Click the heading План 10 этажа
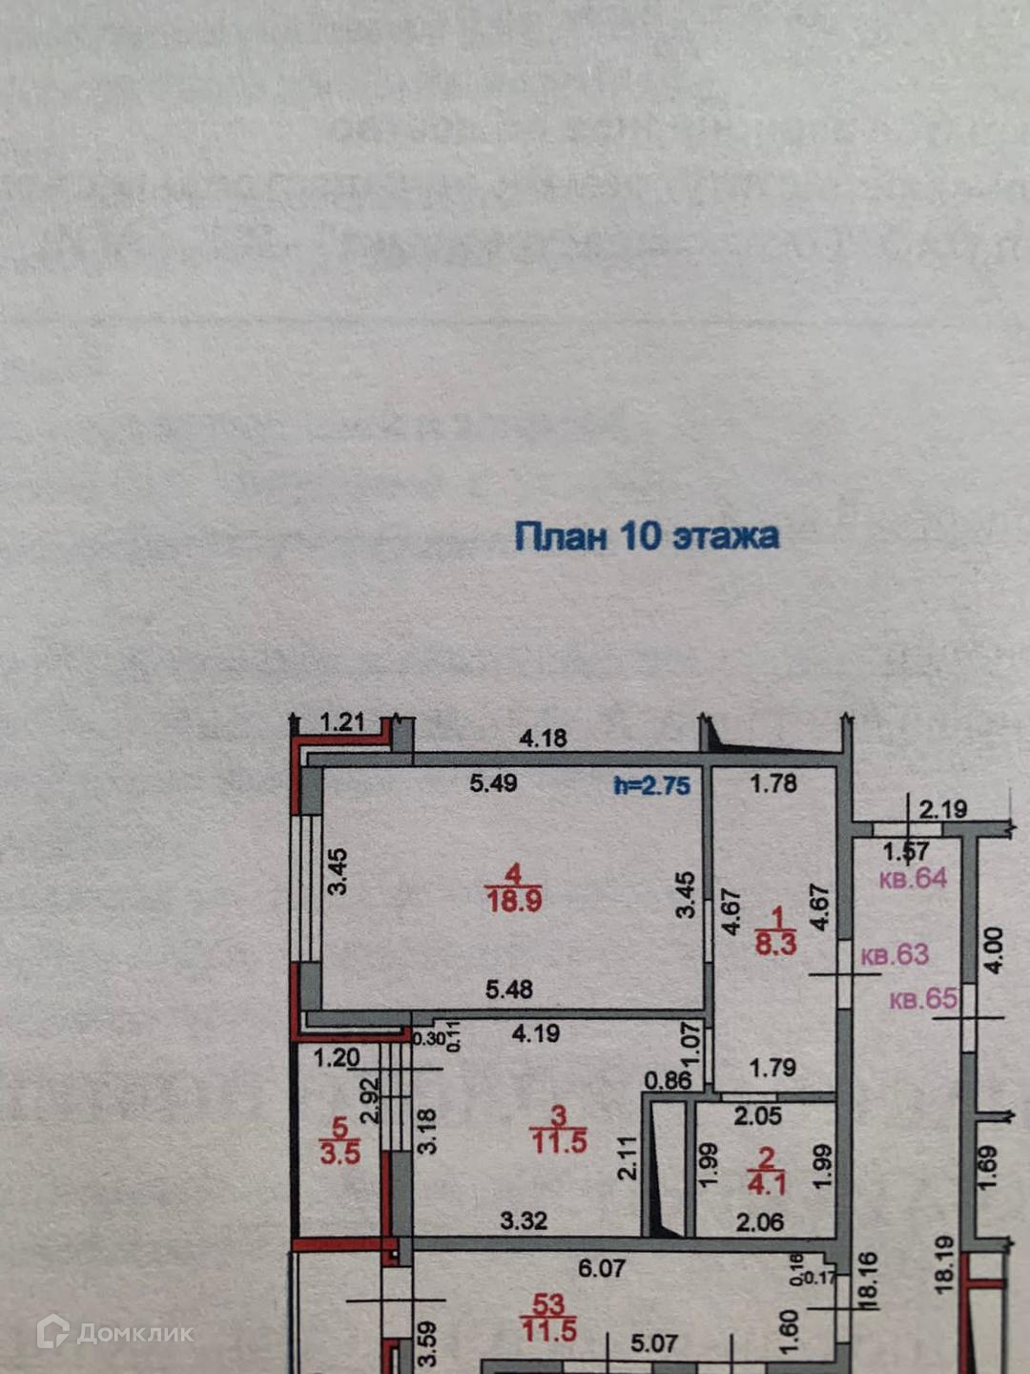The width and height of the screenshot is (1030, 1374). pos(647,536)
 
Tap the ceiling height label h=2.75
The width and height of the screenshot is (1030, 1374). pos(651,785)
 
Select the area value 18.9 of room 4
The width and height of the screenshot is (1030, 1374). pos(514,901)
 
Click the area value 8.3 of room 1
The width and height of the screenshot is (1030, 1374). pos(775,945)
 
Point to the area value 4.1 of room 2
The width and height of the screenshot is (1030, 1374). pos(767,1185)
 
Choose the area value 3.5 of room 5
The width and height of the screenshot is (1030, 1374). pos(340,1154)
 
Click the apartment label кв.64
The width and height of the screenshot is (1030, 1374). pos(913,878)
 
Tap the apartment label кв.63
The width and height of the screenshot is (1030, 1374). pos(895,955)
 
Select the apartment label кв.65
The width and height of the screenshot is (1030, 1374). pos(923,999)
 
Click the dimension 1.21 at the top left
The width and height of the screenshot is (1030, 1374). pos(342,721)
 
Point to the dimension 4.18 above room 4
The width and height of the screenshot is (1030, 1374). pos(543,738)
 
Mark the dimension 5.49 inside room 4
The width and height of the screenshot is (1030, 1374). pos(493,783)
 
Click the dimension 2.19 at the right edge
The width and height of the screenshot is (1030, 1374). pos(942,810)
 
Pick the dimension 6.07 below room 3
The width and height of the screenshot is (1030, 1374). pos(601,1268)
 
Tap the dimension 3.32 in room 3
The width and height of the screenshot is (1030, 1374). pos(524,1220)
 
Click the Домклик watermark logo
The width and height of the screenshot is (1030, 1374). pos(114,1332)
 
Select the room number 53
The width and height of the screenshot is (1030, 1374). pos(549,1304)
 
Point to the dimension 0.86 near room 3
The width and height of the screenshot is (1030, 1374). pos(668,1080)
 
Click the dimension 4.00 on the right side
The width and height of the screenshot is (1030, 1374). pos(993,949)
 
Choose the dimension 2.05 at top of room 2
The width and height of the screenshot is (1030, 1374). pos(758,1115)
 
